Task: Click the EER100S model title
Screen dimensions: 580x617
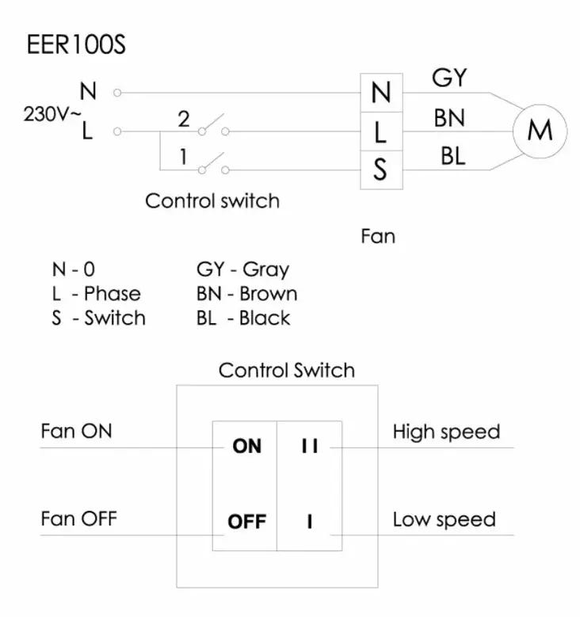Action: click(76, 44)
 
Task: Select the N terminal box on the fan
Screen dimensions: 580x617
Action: click(381, 93)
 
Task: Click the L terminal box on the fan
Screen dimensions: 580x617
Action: click(381, 131)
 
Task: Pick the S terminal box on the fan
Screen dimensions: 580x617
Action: click(381, 169)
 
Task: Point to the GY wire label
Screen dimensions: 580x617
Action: click(449, 78)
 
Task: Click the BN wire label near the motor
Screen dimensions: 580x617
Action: click(449, 118)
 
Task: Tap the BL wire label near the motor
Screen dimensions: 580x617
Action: click(452, 156)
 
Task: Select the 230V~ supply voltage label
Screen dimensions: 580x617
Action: click(52, 115)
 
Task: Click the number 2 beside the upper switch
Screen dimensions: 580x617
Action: click(184, 119)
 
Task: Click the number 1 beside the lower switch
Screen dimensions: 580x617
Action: click(183, 157)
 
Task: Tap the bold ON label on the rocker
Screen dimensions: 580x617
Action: click(247, 446)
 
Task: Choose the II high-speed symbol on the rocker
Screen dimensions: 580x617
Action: click(310, 446)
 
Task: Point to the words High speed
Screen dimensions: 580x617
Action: click(447, 432)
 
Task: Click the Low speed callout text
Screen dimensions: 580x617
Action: click(445, 520)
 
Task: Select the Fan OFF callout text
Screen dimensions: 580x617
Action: click(78, 519)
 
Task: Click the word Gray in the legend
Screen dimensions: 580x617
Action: click(265, 270)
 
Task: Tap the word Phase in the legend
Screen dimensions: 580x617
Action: click(113, 294)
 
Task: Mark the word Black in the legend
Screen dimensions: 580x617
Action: click(265, 318)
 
